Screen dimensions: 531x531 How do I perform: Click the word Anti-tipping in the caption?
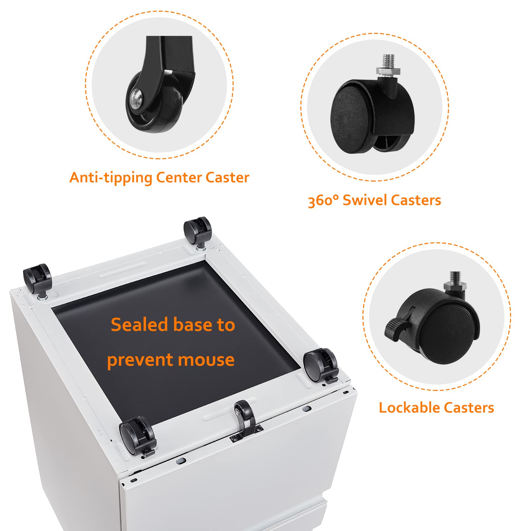click(x=111, y=178)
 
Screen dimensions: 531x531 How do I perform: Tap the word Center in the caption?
click(x=179, y=177)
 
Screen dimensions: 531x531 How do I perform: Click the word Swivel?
click(x=365, y=200)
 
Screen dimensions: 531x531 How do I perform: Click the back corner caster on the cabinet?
click(x=198, y=232)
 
